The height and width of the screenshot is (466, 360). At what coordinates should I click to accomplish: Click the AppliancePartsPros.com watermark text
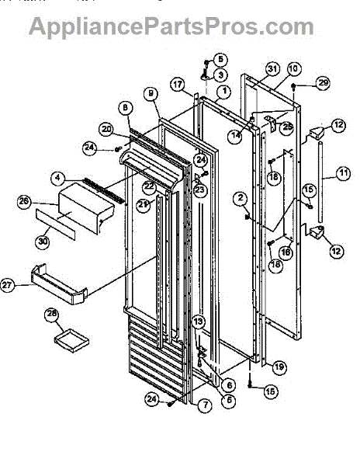(x=171, y=26)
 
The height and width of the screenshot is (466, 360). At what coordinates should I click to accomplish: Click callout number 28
(x=52, y=315)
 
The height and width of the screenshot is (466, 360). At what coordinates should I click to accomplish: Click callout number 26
(x=24, y=202)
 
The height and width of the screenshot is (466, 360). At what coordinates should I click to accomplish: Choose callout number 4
(x=57, y=178)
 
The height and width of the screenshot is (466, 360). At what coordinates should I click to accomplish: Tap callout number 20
(x=106, y=129)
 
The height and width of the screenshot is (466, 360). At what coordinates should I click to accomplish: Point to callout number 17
(x=177, y=84)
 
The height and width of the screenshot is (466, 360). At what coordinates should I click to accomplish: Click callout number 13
(x=198, y=322)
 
